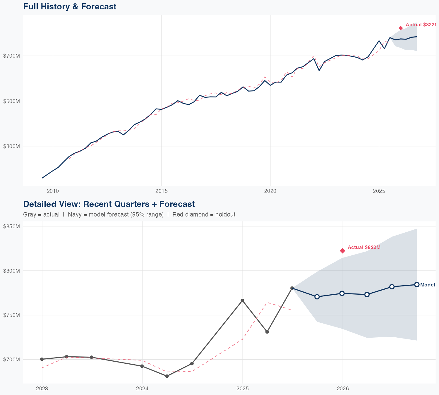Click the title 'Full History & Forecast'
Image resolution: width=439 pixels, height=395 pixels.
click(70, 6)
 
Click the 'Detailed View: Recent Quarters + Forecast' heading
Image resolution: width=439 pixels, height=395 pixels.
click(109, 204)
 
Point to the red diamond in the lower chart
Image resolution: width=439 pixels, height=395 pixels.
click(342, 250)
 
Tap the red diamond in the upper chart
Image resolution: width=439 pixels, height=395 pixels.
click(401, 28)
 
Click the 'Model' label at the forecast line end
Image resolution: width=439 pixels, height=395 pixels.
click(427, 285)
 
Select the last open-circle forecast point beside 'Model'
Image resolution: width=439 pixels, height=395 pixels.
click(417, 285)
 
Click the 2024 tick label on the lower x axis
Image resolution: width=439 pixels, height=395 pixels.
click(142, 389)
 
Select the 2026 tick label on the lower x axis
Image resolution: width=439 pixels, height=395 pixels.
click(343, 389)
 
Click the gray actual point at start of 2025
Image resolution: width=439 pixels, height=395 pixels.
click(242, 300)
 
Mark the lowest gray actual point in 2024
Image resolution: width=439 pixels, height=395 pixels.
click(167, 376)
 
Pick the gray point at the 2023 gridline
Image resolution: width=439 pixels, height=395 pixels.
click(42, 359)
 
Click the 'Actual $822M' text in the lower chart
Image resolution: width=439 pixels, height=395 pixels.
click(364, 248)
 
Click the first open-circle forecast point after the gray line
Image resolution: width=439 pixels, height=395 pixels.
click(317, 297)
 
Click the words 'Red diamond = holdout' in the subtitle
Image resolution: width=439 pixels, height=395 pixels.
click(204, 214)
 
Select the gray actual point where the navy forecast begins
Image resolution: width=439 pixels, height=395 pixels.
click(292, 288)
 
